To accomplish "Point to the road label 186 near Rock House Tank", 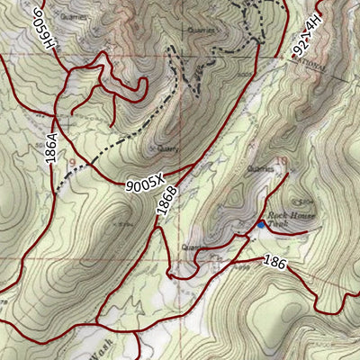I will tap(276, 262).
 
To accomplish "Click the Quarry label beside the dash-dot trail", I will tap(167, 149).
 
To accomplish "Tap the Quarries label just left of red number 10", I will tap(259, 167).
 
